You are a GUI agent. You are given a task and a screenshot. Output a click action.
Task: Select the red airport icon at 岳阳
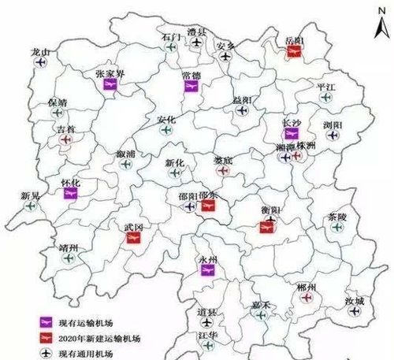pos(295,49)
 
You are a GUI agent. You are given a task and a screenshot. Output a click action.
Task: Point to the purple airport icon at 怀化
pos(71,191)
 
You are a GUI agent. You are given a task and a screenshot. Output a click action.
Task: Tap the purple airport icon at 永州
pos(207,270)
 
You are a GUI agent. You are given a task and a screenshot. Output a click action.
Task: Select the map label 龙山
pos(39,52)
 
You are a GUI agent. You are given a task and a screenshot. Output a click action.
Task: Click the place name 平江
pos(325,86)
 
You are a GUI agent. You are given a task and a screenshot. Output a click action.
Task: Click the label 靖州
pos(69,248)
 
